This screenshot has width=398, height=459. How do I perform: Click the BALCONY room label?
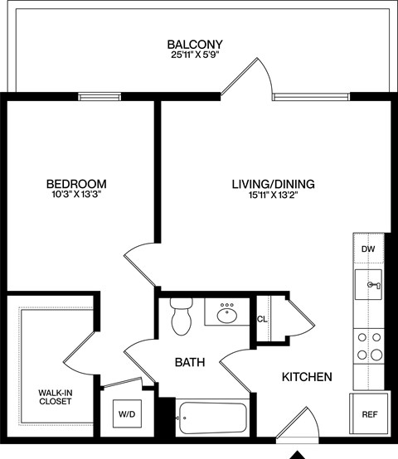pos(195,44)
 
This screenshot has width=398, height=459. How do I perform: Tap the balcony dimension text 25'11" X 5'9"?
pos(195,56)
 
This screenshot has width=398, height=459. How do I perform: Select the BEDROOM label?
pos(75,183)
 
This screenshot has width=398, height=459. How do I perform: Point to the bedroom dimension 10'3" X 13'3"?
pos(75,196)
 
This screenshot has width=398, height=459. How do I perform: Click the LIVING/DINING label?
pos(274,183)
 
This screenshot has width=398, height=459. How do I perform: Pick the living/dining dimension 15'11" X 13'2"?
pos(274,196)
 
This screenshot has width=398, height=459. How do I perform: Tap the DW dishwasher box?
pos(367,248)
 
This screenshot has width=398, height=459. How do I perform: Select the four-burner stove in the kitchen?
pos(368,346)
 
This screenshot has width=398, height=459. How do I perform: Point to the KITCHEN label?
pos(308,377)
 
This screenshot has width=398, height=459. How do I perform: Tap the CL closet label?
pos(261,319)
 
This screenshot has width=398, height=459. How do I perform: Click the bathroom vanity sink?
pos(226,314)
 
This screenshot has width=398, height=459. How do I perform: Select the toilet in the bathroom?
pos(180,316)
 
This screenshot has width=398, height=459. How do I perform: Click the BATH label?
pos(191,362)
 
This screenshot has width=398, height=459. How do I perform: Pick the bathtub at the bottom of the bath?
pos(211,417)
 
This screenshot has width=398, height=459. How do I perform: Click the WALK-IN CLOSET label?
pos(55,397)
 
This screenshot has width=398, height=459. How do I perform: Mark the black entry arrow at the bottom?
pos(297,454)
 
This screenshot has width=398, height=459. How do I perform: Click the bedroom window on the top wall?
pos(99,97)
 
